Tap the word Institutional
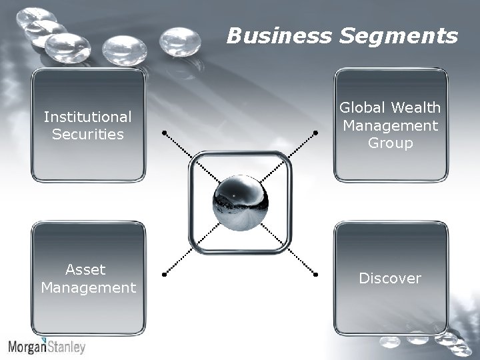tap(88, 117)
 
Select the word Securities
tap(88, 134)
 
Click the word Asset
tap(85, 270)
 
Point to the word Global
tap(363, 107)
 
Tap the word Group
tap(390, 143)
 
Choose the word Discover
tap(390, 278)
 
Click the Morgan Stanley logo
tap(47, 347)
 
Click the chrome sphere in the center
tap(239, 203)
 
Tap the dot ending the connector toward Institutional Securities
tap(164, 133)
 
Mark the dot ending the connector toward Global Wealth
tap(315, 133)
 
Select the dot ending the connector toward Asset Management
tap(164, 273)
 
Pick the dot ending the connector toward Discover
tap(315, 273)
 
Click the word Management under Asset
tap(88, 288)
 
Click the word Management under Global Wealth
tap(390, 125)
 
